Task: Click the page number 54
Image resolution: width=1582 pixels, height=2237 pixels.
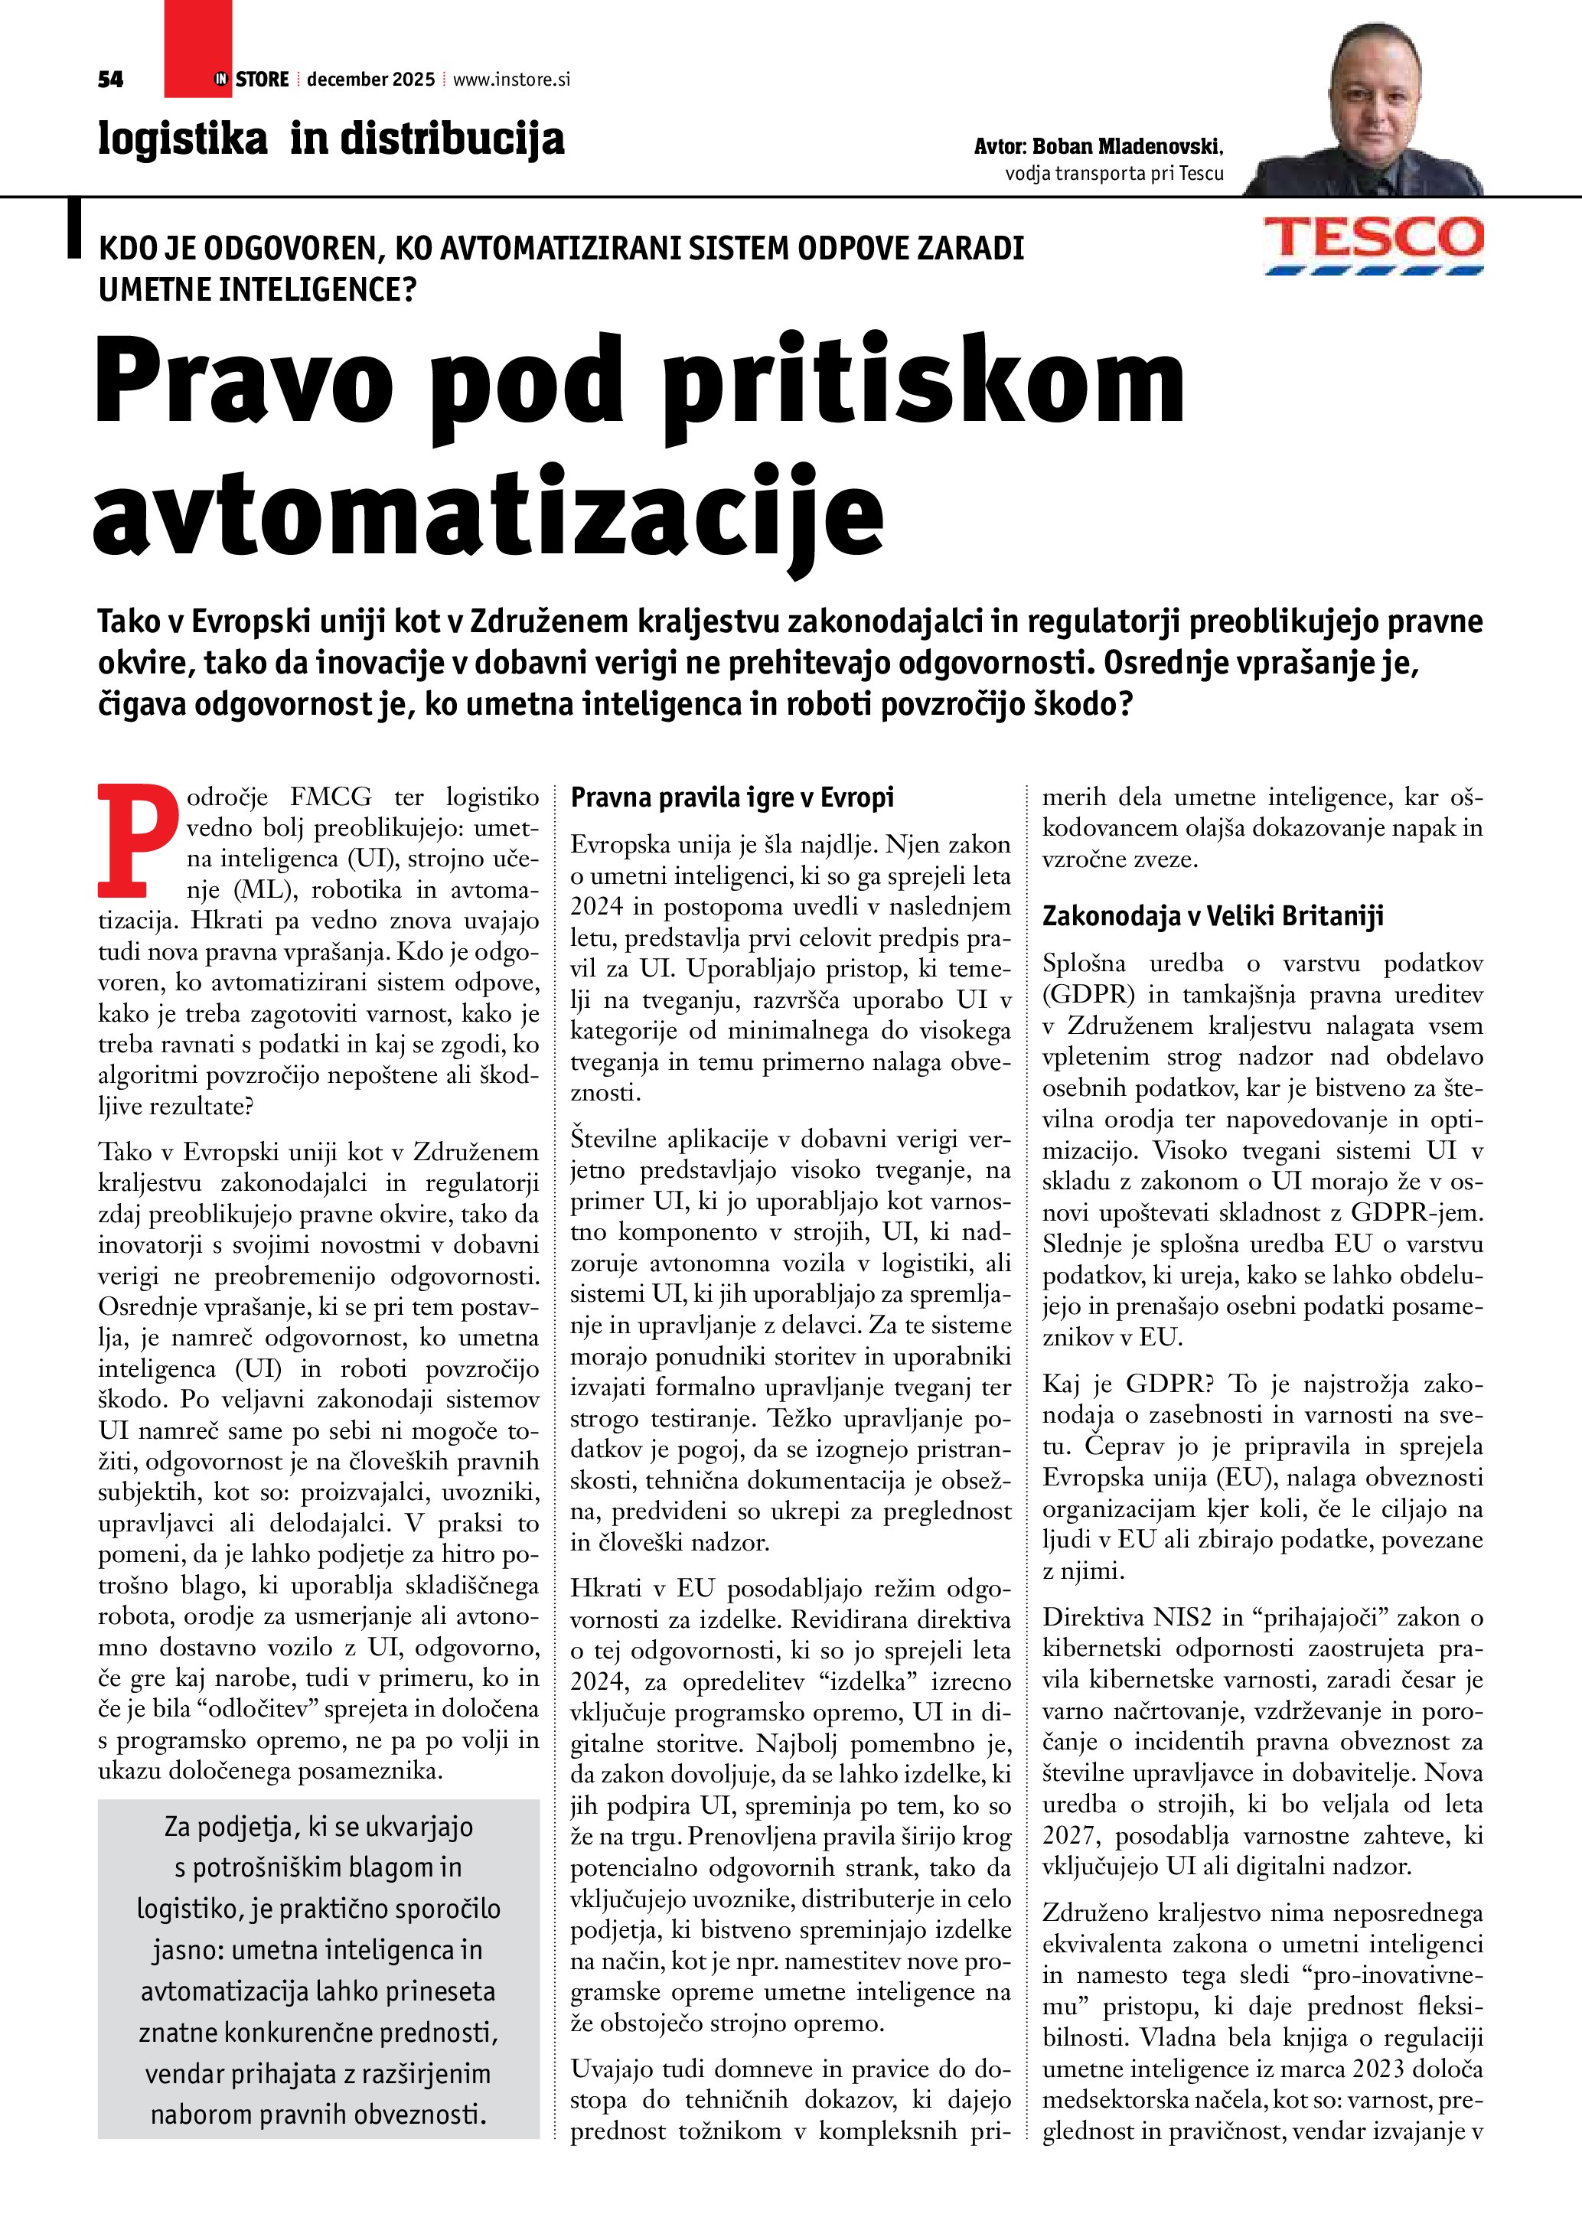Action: coord(110,80)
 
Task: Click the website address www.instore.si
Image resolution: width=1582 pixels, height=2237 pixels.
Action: coord(511,80)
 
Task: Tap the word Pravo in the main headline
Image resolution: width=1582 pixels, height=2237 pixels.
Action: coord(243,382)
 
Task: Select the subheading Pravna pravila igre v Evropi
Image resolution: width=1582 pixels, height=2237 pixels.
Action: coord(732,797)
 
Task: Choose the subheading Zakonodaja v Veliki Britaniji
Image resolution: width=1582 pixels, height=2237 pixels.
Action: coord(1213,916)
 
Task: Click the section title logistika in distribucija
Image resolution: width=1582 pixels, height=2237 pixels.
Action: coord(331,139)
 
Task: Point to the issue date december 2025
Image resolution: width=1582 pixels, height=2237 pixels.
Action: coord(370,80)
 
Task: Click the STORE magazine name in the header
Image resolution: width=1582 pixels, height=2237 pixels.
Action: coord(262,80)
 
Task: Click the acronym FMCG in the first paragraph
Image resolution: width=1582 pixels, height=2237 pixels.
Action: coord(330,797)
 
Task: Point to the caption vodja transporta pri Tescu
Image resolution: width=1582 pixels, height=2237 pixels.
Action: coord(1114,174)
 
